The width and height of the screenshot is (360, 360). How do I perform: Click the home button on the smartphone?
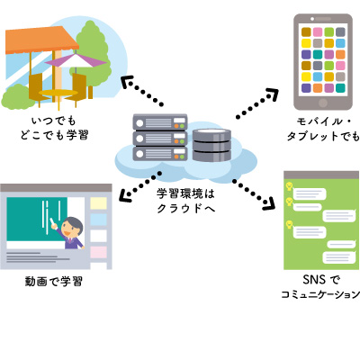323,103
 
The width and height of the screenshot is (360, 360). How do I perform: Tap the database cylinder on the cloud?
211,145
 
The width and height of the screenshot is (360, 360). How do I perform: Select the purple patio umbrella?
76,60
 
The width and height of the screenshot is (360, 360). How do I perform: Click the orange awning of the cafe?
41,40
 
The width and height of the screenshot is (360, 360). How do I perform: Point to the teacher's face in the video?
71,229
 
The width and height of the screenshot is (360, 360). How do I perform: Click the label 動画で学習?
54,282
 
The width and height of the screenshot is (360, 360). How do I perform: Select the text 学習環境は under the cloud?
185,193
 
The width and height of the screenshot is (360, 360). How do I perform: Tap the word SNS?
314,280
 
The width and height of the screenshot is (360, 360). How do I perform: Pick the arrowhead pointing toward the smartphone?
273,94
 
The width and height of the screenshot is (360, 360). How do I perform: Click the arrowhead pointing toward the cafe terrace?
127,82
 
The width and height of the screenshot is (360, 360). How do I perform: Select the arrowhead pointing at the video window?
125,196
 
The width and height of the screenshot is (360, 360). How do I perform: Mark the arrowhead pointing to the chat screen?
269,203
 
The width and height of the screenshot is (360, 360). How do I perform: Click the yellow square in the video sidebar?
99,203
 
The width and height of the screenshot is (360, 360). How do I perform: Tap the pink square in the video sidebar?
99,252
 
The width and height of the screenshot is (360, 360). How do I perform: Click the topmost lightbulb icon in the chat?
289,186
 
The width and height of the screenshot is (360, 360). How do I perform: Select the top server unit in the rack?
160,121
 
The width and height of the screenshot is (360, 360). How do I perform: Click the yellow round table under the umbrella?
58,93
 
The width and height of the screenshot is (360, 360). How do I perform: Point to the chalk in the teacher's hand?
52,221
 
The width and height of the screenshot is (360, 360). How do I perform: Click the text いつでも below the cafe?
54,121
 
